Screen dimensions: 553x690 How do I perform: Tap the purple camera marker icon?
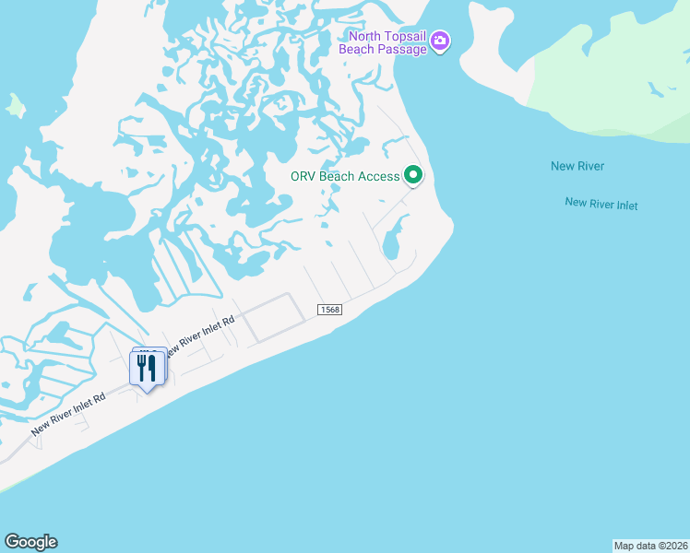click(441, 41)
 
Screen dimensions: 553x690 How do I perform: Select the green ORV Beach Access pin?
click(413, 174)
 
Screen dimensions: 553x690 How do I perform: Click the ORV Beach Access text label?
click(345, 176)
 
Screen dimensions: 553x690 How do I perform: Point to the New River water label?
click(577, 166)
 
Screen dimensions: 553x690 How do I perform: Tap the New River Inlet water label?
click(601, 204)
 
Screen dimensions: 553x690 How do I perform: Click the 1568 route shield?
click(330, 310)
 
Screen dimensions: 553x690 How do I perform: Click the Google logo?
click(30, 542)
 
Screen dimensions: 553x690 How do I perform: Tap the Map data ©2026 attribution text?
click(650, 545)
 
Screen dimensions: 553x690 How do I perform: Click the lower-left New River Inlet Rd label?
click(68, 414)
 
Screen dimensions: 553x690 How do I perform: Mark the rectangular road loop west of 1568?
click(274, 318)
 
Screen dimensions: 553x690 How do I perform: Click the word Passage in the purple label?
click(402, 49)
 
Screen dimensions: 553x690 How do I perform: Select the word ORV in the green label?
click(303, 176)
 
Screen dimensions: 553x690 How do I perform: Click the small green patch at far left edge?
click(14, 105)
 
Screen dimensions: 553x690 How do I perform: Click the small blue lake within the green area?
click(656, 90)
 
